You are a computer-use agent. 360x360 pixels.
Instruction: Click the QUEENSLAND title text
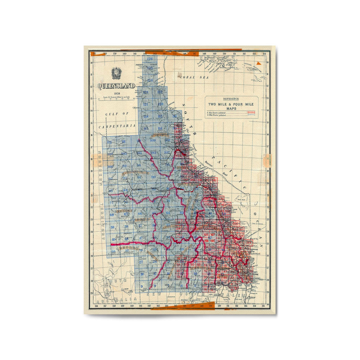point(116,86)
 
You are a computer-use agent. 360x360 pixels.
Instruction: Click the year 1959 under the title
point(116,94)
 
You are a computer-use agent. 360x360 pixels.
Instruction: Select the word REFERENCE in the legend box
point(231,99)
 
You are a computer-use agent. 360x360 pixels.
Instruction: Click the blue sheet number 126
point(150,59)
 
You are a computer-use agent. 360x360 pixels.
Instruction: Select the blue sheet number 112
point(109,142)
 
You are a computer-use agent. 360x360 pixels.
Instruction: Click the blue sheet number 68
point(112,214)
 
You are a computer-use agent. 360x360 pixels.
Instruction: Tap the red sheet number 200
point(235,223)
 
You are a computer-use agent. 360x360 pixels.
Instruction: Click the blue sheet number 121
point(146,104)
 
